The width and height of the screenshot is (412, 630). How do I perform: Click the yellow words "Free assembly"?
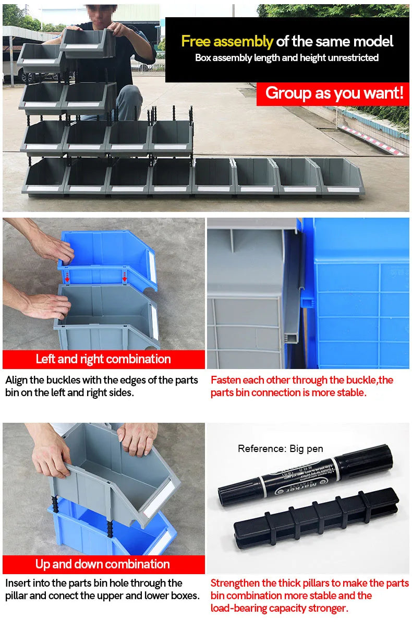point(227,42)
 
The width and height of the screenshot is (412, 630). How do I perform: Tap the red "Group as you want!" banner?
point(333,94)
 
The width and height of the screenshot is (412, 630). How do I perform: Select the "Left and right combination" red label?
point(103,359)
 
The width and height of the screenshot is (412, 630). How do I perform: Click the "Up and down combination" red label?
point(103,564)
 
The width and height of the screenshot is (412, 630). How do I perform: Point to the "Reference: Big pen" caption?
point(280,448)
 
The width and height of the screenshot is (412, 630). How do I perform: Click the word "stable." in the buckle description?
point(352,393)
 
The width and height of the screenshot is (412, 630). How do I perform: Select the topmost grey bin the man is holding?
point(88,43)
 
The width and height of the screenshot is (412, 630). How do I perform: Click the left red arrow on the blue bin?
point(67,277)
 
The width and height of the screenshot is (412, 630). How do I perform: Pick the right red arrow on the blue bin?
point(125,277)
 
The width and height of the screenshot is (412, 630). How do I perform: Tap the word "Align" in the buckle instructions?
point(16,381)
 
